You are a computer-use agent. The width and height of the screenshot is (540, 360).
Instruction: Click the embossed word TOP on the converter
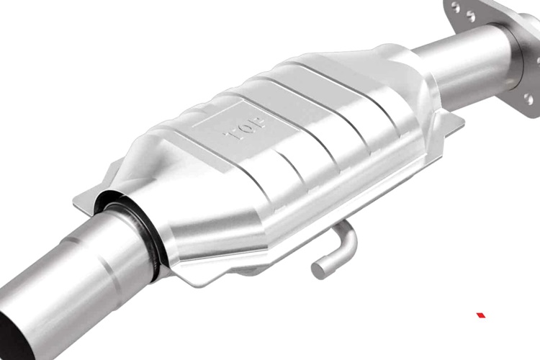244,128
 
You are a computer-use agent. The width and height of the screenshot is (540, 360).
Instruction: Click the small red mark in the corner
481,315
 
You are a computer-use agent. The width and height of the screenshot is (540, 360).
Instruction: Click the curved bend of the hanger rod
348,238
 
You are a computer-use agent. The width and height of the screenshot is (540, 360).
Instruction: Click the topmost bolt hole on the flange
456,7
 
